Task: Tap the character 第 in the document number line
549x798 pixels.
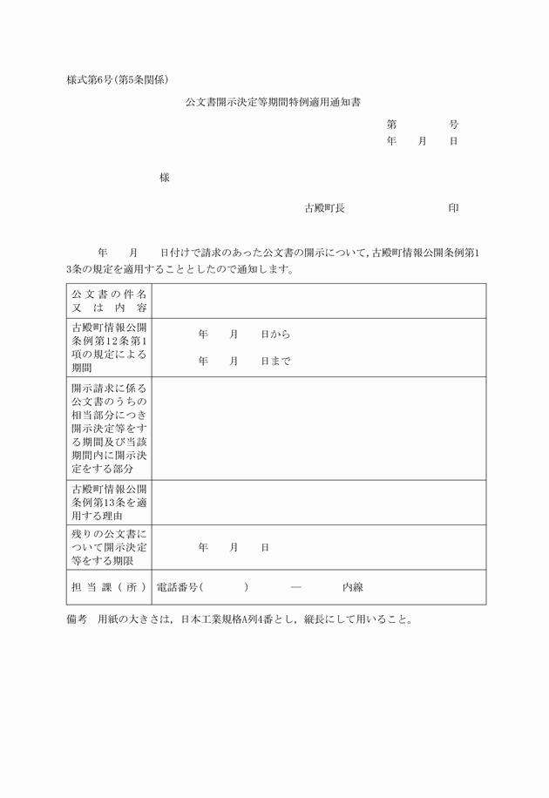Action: [x=392, y=125]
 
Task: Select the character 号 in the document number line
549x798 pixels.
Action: [x=454, y=125]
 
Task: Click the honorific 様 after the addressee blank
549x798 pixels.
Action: [x=165, y=178]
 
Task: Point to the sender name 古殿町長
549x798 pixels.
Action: [x=324, y=208]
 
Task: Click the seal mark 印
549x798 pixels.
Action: [x=454, y=208]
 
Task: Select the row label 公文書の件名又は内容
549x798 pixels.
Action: [x=110, y=301]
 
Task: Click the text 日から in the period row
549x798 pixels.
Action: [x=275, y=335]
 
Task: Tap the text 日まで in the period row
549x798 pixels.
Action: [x=275, y=361]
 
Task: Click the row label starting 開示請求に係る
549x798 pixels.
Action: [x=110, y=428]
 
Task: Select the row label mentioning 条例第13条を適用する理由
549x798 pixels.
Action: [x=110, y=503]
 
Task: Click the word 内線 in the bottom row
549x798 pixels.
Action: [x=352, y=587]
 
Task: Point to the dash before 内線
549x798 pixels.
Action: [x=296, y=587]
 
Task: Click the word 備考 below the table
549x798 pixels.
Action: [x=78, y=620]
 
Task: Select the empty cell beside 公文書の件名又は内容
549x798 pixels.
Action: [x=319, y=301]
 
